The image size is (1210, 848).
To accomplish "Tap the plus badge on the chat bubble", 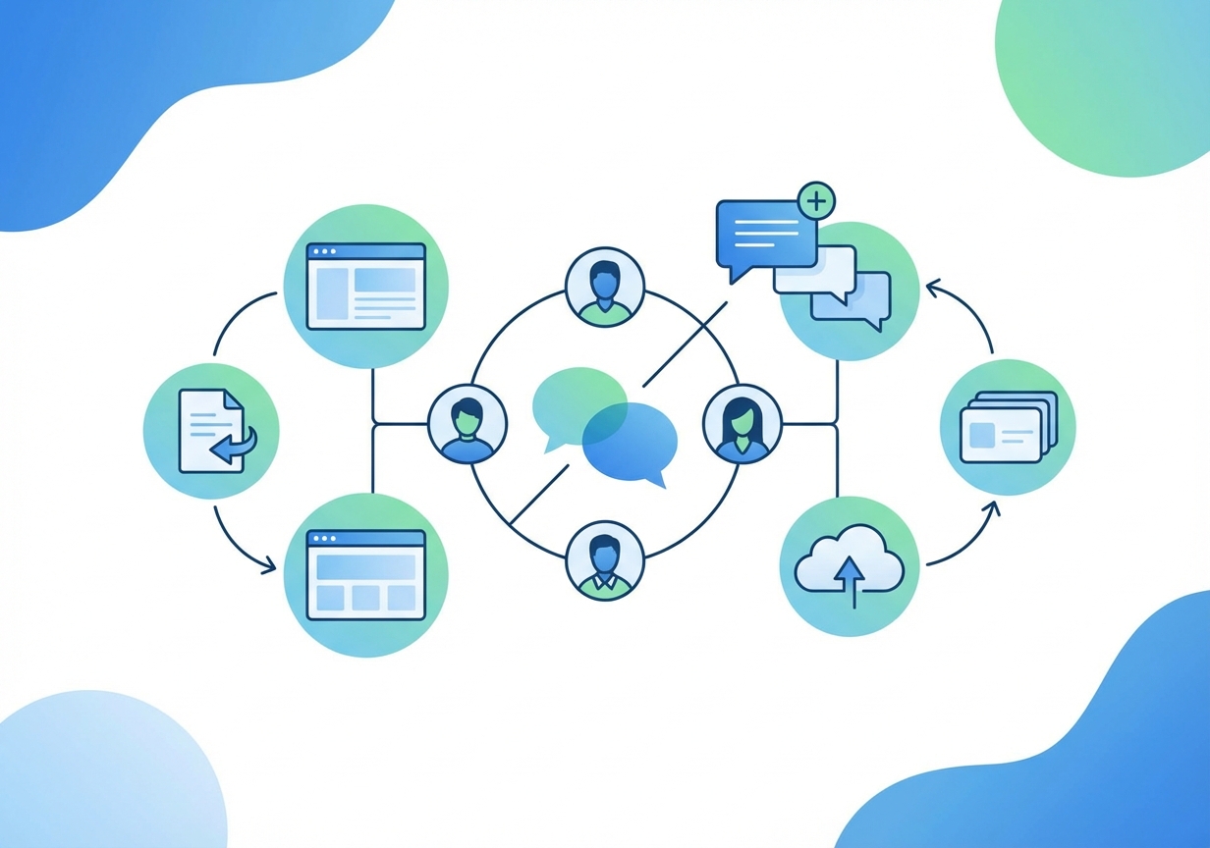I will point(816,201).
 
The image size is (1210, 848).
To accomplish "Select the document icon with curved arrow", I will point(212,431).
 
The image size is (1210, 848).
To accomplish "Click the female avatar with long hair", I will point(742,425).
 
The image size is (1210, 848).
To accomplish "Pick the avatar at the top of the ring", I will point(605,287).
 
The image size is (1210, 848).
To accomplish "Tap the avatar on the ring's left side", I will point(467,425).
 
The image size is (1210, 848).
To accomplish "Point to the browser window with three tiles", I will point(365,575).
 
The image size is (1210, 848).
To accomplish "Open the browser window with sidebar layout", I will point(365,286).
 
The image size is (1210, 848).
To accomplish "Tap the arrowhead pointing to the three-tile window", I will point(270,565).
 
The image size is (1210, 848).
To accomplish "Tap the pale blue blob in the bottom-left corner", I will point(98,775).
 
